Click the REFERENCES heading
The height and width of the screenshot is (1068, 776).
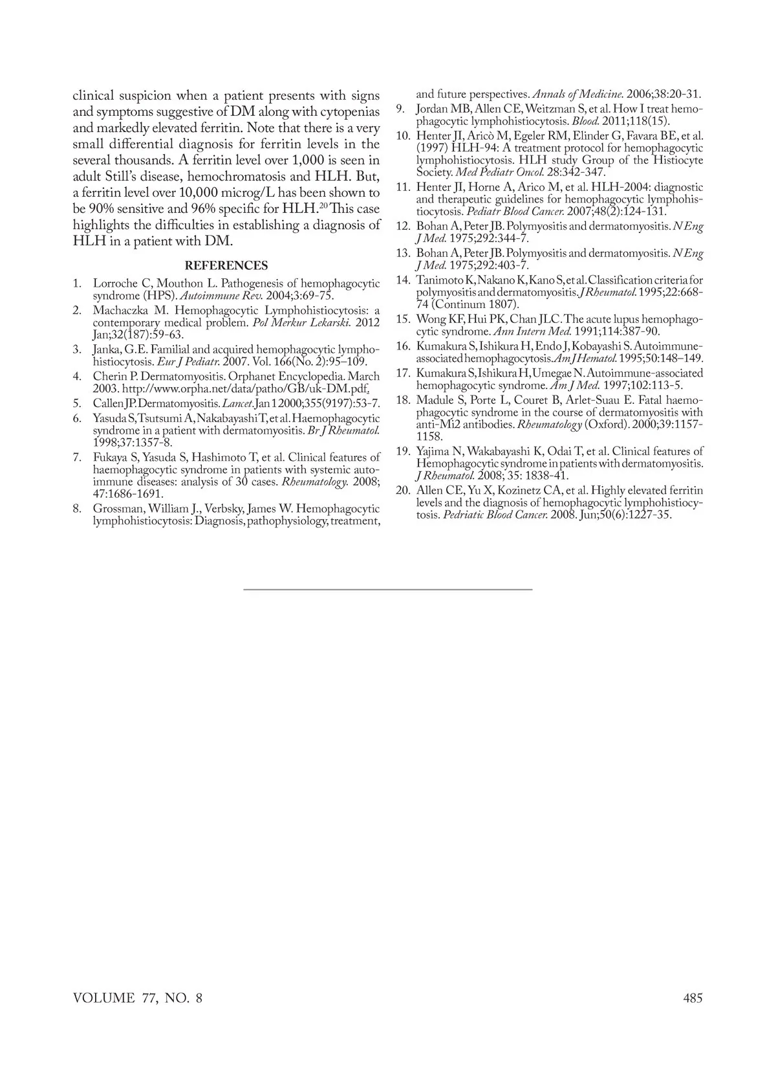226,265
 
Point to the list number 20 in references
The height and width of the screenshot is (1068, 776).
403,491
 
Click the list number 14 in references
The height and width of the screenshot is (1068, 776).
403,280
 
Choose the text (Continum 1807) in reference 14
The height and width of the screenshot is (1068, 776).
475,304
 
